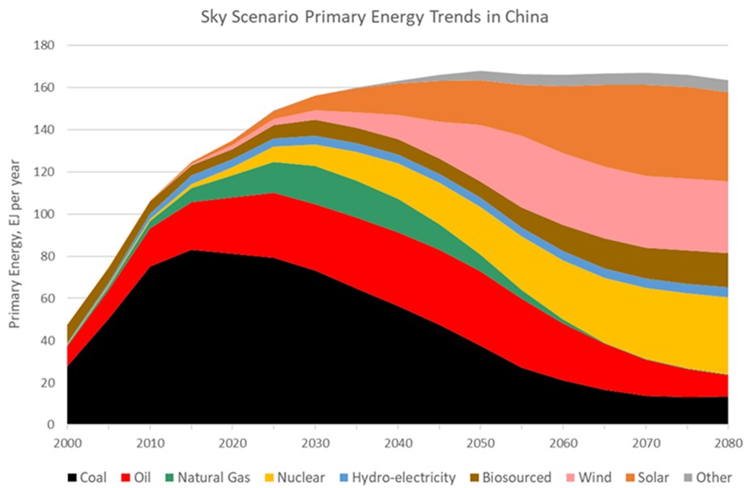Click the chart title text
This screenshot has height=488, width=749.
pyautogui.click(x=374, y=17)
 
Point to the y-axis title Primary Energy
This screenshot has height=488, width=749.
pyautogui.click(x=15, y=236)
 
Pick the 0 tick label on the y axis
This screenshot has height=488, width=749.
pyautogui.click(x=50, y=425)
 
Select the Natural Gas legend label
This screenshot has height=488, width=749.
pyautogui.click(x=213, y=477)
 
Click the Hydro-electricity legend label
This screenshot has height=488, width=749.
pyautogui.click(x=402, y=477)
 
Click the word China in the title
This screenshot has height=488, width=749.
pyautogui.click(x=526, y=17)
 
